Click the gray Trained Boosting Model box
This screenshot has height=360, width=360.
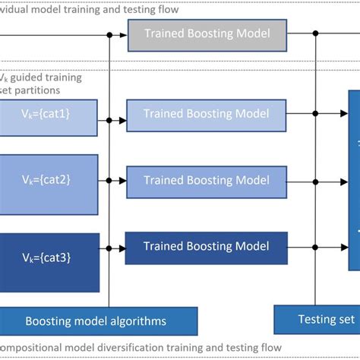[208, 34]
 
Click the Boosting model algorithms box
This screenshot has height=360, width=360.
[96, 321]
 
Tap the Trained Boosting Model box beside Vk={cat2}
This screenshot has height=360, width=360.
[207, 182]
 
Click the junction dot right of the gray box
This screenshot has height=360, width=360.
[316, 34]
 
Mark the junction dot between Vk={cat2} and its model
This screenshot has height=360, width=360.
[110, 182]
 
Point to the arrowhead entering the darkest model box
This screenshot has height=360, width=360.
[122, 248]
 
